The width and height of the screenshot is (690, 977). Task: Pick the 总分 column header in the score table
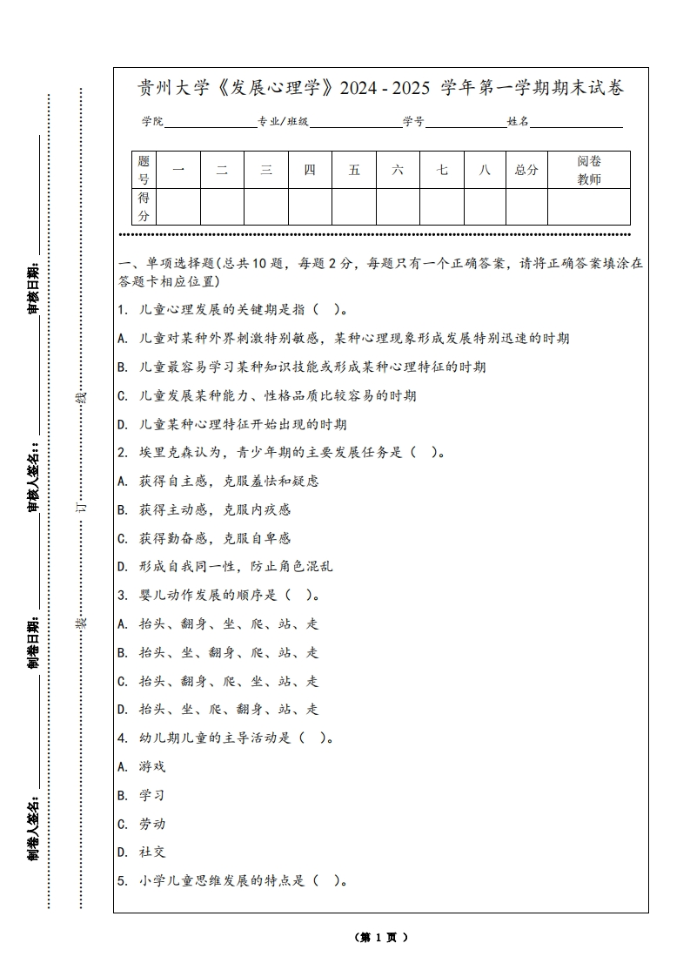526,170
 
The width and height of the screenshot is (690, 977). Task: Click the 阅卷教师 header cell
589,170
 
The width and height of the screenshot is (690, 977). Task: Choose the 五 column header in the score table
354,170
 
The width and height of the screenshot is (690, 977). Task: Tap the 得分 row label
144,206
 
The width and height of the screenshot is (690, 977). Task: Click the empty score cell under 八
485,206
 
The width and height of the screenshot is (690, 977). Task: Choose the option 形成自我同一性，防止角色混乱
235,566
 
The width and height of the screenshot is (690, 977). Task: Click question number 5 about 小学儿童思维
122,880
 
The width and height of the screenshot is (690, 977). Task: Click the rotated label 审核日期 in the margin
33,287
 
